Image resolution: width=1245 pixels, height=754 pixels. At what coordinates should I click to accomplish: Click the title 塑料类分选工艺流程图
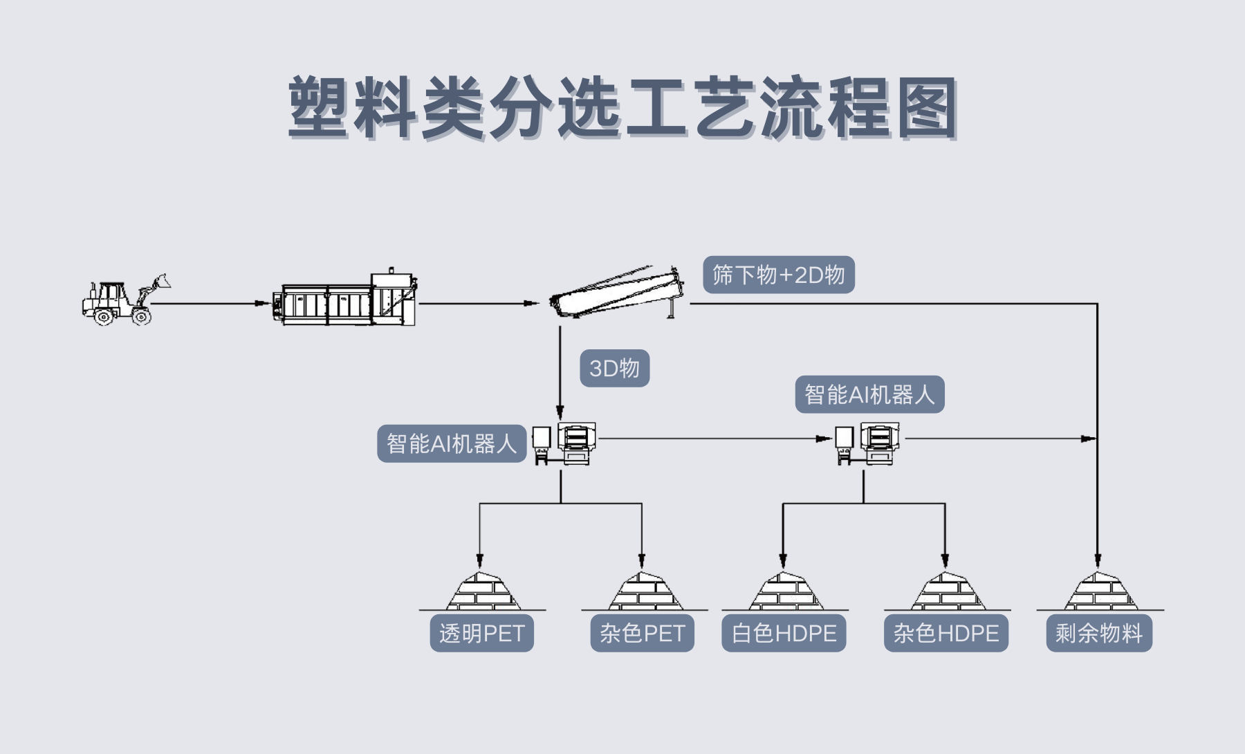[x=622, y=108]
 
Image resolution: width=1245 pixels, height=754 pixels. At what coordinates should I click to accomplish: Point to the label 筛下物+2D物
[x=779, y=275]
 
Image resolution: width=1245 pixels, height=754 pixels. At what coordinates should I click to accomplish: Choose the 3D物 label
[x=614, y=368]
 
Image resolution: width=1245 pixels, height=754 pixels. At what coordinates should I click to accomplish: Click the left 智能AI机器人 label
[x=452, y=443]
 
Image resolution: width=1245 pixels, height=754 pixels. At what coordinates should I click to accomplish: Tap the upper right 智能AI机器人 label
[x=869, y=394]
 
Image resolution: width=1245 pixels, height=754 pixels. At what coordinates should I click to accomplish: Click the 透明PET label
[x=482, y=633]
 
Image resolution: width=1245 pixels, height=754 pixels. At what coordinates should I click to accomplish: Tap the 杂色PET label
[x=642, y=633]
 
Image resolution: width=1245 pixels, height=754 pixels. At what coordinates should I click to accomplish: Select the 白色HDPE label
[x=784, y=633]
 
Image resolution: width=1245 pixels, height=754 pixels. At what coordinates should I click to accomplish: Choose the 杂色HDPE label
[x=946, y=633]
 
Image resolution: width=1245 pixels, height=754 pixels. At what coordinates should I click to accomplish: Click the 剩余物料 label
[x=1099, y=633]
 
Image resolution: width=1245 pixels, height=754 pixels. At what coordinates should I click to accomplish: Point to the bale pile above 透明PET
[x=482, y=592]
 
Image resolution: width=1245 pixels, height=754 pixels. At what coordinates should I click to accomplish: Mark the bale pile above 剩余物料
[x=1100, y=592]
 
